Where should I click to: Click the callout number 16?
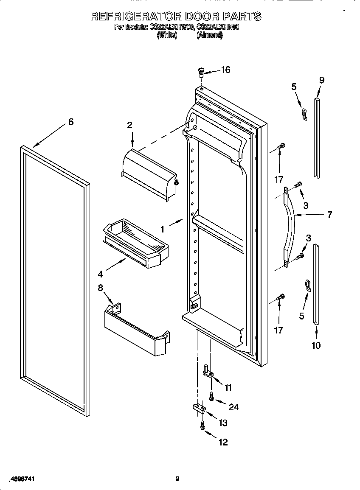225,70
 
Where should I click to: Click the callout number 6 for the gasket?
71,122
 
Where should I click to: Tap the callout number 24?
233,407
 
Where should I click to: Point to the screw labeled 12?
202,425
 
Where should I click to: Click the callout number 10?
316,345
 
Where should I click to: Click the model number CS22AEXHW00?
172,28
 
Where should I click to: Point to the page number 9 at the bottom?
177,479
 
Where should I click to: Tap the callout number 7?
329,215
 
